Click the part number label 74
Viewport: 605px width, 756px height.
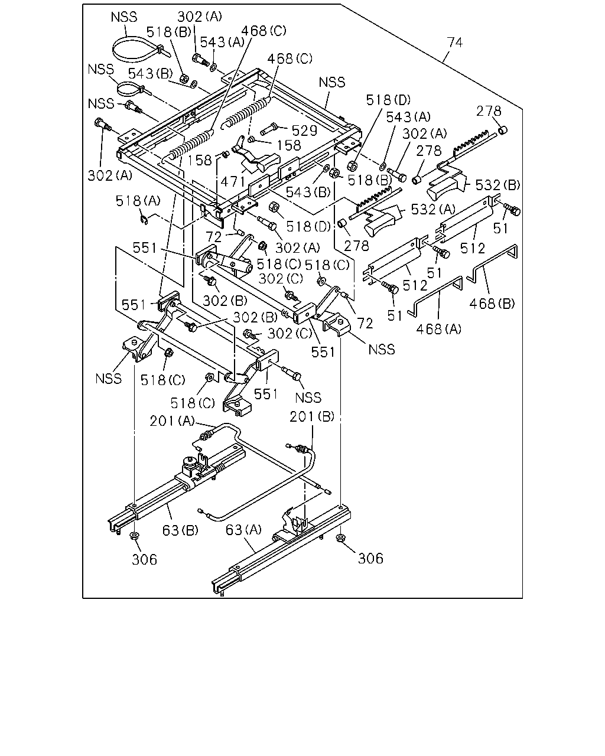tap(454, 43)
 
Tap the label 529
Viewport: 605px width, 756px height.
tap(304, 131)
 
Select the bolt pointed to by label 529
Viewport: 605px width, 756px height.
tap(269, 129)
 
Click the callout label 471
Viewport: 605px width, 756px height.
tap(233, 182)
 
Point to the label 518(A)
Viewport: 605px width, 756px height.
tap(138, 201)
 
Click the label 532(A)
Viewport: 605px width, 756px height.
tap(433, 209)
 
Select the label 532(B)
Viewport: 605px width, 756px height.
tap(497, 185)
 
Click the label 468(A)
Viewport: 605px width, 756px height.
tap(438, 329)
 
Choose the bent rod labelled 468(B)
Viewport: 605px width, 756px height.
tap(492, 263)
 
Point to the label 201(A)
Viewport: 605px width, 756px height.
tap(173, 421)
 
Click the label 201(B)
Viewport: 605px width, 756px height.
tap(312, 416)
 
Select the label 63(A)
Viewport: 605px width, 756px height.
tap(243, 530)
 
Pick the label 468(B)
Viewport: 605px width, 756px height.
tap(492, 304)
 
